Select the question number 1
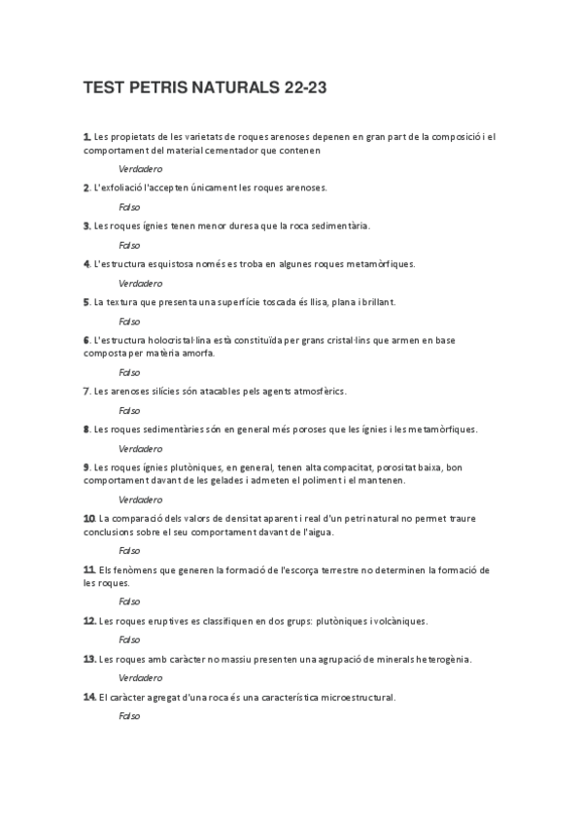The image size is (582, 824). coord(86,137)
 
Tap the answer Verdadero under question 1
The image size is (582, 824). coord(140,169)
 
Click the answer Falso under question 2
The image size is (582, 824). coord(129,207)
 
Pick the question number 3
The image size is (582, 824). coord(86,225)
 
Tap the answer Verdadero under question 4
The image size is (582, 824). coord(140,283)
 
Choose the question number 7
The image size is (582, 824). coord(86,391)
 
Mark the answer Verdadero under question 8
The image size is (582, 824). coord(140,449)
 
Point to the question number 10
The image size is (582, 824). coord(88,518)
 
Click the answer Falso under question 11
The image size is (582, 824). coord(129,601)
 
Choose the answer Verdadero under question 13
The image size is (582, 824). coord(140,677)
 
